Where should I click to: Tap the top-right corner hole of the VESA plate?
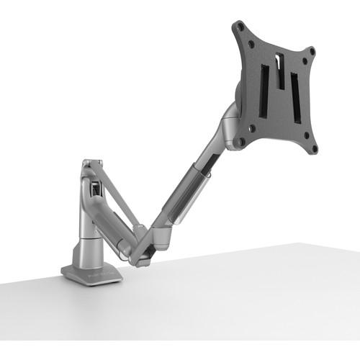click(312, 51)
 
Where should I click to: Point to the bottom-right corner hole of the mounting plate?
click(314, 149)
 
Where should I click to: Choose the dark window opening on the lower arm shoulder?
click(94, 190)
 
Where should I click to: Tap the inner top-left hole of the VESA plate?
click(251, 42)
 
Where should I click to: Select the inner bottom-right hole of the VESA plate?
click(305, 134)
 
